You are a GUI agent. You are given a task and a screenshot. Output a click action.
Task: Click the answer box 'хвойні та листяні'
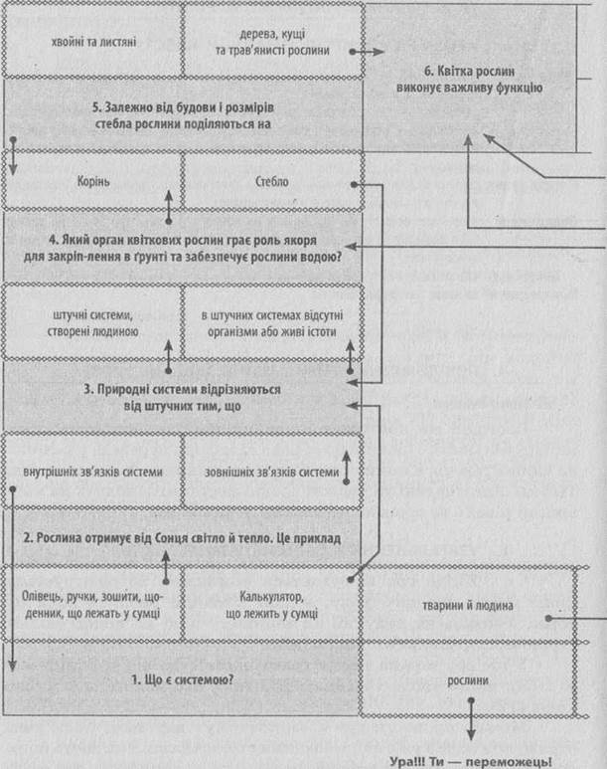point(93,41)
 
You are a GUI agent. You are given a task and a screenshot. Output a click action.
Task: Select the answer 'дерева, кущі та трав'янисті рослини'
point(272,41)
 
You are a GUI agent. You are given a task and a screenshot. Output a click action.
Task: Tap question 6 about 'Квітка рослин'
point(469,79)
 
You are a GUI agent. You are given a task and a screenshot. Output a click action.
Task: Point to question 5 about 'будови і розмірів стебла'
point(182,115)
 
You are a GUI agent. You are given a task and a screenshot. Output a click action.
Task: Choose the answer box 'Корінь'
point(93,181)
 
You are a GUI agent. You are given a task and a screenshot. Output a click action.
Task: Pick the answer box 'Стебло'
point(272,181)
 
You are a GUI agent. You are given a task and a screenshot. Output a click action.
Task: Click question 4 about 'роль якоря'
point(182,248)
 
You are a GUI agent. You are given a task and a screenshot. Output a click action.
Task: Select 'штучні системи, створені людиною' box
point(93,322)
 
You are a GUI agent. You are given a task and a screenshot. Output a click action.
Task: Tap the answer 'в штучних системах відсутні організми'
point(272,322)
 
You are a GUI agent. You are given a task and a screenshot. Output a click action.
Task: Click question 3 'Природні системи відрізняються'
point(182,397)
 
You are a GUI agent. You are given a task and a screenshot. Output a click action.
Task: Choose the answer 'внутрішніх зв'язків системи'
point(93,472)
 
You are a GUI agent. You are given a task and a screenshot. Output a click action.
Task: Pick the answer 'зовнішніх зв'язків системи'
point(272,472)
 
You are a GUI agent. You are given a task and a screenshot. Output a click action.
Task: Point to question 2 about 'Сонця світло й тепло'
point(182,538)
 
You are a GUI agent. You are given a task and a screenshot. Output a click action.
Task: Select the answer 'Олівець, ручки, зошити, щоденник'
point(93,604)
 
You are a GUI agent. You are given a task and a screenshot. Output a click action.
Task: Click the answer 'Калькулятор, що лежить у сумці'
point(272,604)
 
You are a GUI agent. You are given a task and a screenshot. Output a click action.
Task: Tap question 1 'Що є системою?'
point(182,679)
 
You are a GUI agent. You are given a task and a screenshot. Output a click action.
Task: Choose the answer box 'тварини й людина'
point(468,605)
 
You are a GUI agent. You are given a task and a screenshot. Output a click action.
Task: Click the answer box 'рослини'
point(468,679)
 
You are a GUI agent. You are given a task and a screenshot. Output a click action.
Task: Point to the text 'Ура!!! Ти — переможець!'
point(471,762)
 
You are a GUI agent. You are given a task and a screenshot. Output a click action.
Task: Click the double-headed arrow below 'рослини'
point(471,719)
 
